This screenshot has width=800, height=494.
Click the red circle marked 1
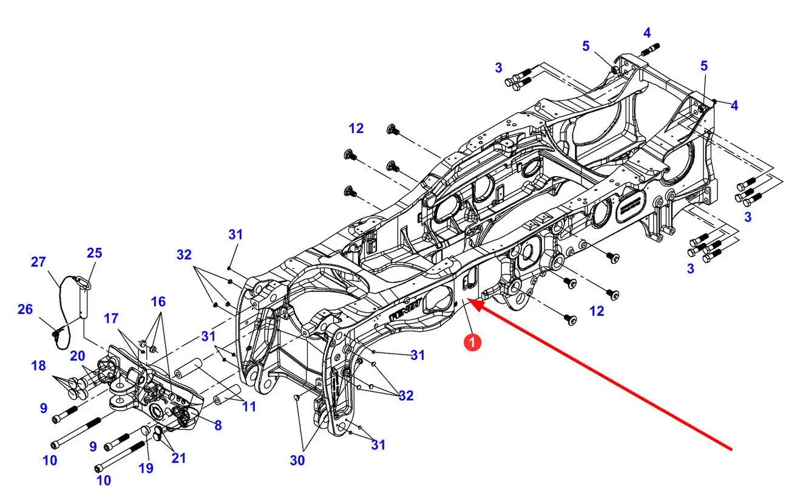472,343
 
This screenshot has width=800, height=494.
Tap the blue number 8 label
218,425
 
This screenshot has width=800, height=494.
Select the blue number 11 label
249,407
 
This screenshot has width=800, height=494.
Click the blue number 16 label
158,302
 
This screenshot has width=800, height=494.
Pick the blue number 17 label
110,318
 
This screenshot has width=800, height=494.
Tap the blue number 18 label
39,365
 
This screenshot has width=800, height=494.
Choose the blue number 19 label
146,468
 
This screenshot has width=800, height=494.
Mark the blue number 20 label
78,355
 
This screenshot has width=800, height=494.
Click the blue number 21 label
178,458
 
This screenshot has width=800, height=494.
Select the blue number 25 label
95,253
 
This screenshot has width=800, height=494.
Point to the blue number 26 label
25,309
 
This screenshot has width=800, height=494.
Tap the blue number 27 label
38,262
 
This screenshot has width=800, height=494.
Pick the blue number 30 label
297,460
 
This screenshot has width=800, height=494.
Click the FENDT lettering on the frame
406,310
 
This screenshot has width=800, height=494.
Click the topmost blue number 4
647,33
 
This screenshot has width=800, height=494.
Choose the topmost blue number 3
498,67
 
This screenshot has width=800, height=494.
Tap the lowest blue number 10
104,480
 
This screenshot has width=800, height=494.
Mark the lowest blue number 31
378,445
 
